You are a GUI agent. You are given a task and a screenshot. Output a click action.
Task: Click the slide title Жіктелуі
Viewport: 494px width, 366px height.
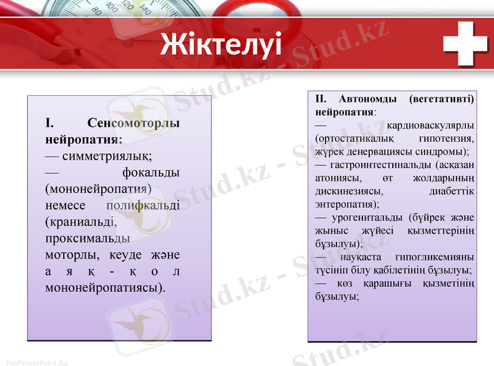pyautogui.click(x=220, y=44)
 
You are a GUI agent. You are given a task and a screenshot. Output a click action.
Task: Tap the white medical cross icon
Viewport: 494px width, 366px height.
pyautogui.click(x=466, y=43)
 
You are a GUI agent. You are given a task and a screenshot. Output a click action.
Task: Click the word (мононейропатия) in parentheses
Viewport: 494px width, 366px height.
pyautogui.click(x=98, y=188)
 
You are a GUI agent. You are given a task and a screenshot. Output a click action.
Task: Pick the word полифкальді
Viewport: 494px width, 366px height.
pyautogui.click(x=143, y=205)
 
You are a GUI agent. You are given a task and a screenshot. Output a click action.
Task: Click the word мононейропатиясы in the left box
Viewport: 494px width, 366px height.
pyautogui.click(x=105, y=288)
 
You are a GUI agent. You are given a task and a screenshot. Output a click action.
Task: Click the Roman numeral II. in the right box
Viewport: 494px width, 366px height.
pyautogui.click(x=322, y=99)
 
